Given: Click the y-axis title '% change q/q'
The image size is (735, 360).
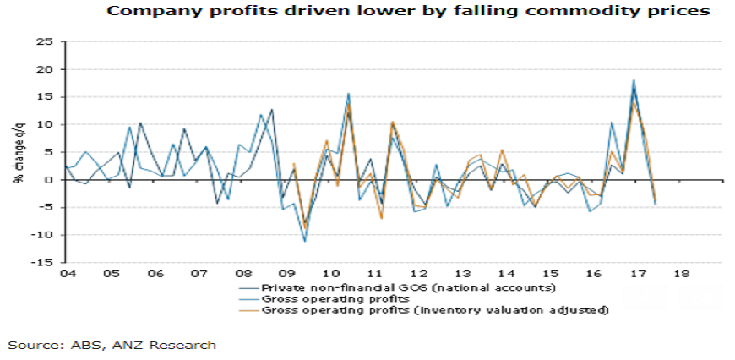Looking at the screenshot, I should tap(16, 151).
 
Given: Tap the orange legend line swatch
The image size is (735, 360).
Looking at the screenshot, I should tap(247, 310).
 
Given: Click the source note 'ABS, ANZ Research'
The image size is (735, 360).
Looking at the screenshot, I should tap(112, 344).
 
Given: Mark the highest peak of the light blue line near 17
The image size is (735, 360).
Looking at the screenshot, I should tap(634, 80).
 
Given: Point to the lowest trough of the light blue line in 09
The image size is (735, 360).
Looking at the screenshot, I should tap(305, 242).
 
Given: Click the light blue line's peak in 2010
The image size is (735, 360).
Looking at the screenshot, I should tap(348, 94).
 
